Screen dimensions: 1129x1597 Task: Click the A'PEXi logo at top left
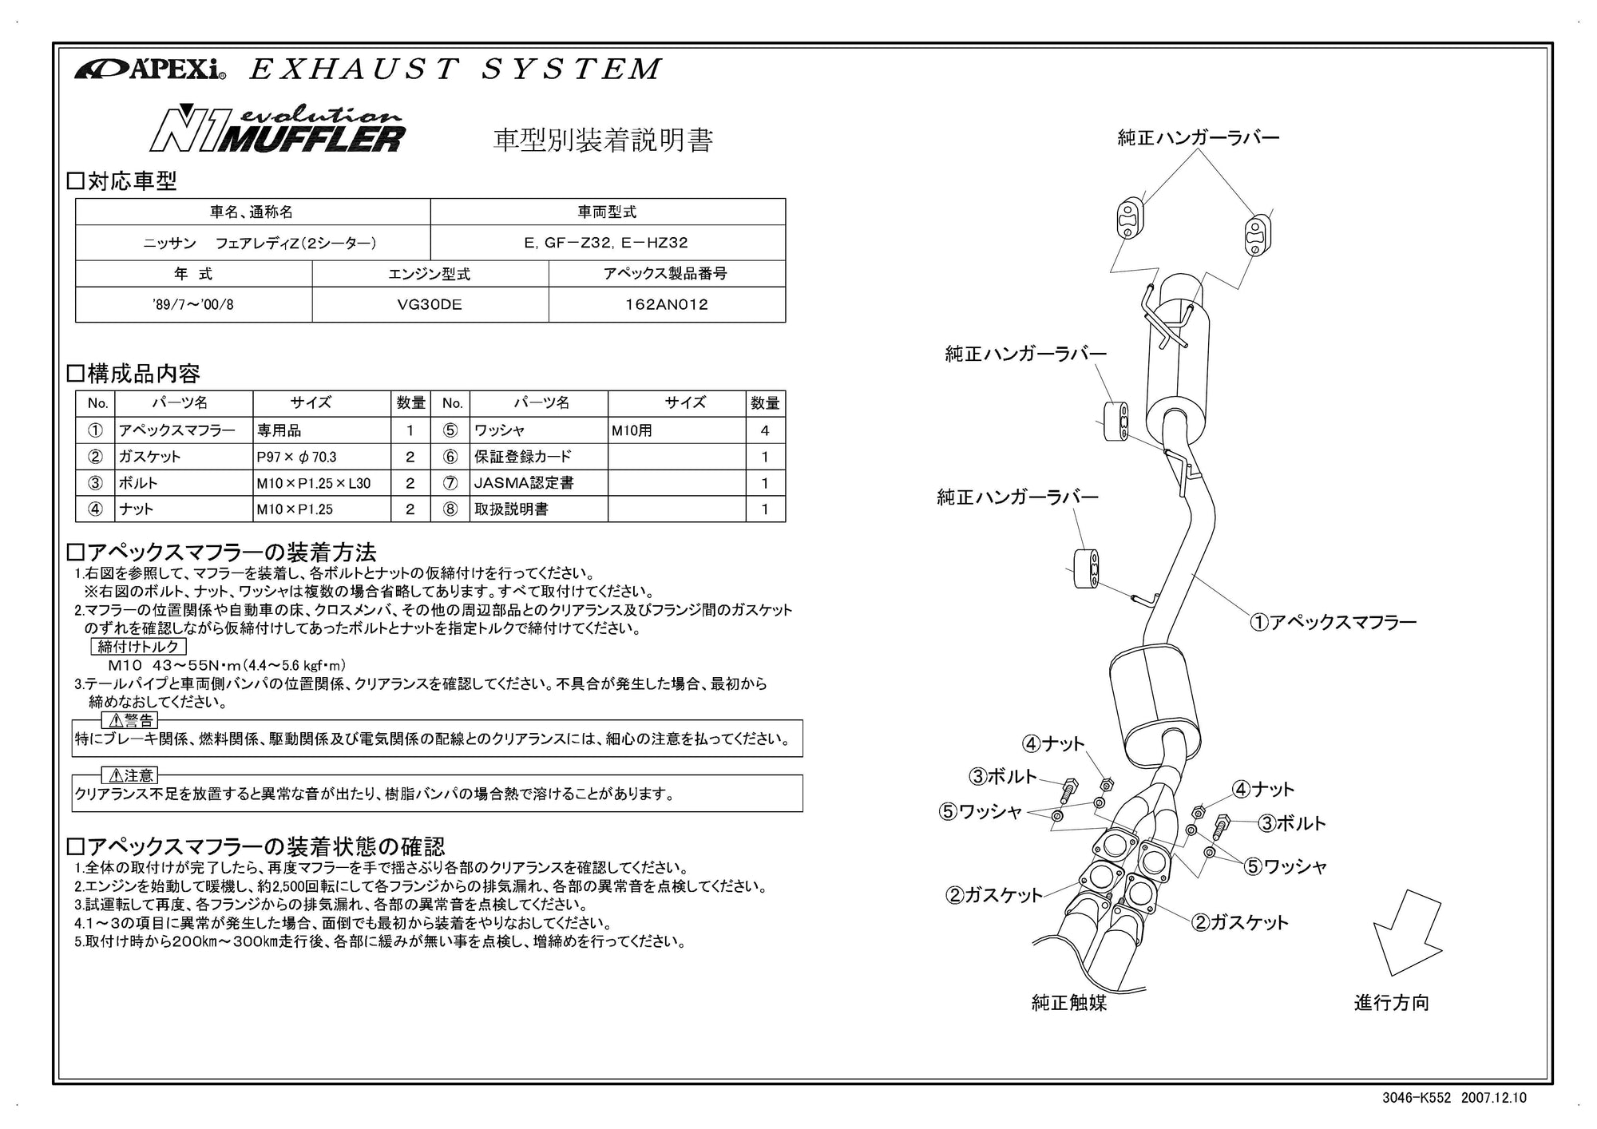tap(150, 70)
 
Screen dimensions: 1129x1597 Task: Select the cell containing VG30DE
tap(430, 304)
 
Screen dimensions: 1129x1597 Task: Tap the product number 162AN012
tap(667, 304)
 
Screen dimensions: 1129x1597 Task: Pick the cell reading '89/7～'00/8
tap(193, 304)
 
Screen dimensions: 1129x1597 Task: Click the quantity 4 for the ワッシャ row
tap(765, 430)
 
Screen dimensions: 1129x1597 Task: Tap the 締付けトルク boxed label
tap(138, 647)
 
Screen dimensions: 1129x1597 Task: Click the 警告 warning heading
tap(133, 721)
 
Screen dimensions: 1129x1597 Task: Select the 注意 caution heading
tap(131, 775)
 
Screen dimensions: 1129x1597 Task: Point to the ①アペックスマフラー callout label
tap(1333, 622)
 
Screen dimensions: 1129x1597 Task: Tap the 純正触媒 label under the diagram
tap(1068, 1003)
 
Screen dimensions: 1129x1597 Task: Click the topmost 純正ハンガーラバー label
tap(1198, 137)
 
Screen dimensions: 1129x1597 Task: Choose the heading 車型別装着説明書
tap(602, 140)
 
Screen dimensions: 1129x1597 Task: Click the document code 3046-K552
tap(1416, 1098)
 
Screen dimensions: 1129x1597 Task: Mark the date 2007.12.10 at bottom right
tap(1493, 1098)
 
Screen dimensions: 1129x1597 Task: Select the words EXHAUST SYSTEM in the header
tap(455, 69)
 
